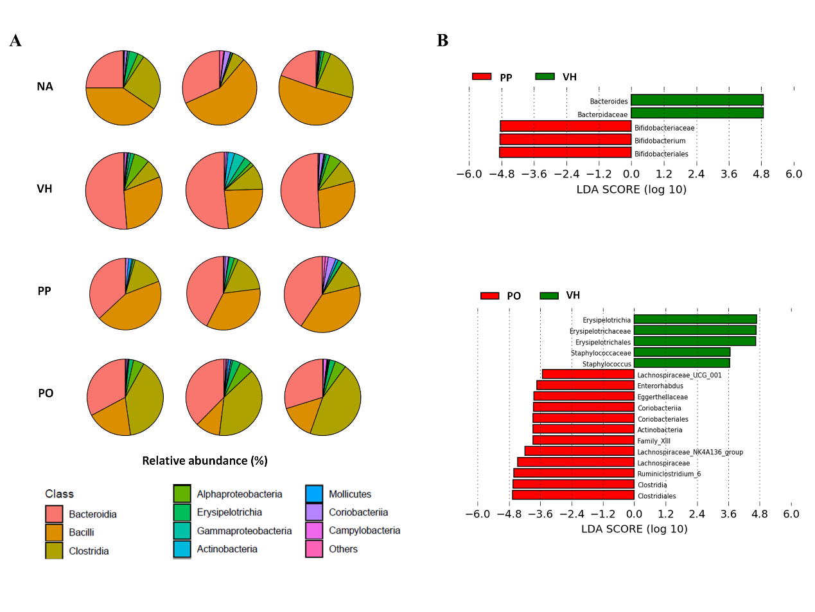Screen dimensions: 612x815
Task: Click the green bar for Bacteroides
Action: click(x=697, y=100)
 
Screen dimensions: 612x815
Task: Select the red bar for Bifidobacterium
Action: click(x=565, y=139)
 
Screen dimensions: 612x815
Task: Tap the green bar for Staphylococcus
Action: click(x=681, y=363)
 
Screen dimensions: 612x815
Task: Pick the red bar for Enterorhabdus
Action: click(x=585, y=385)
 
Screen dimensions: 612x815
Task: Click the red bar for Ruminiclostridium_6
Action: click(x=574, y=473)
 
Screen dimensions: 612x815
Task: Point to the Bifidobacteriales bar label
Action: click(x=661, y=154)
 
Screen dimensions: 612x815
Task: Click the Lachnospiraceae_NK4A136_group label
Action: click(x=690, y=452)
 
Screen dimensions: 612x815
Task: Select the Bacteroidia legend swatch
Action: click(x=54, y=514)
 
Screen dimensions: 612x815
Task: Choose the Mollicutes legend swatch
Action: click(x=314, y=494)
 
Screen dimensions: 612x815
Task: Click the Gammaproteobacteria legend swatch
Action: click(x=182, y=530)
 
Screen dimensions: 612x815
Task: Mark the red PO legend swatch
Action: click(x=489, y=296)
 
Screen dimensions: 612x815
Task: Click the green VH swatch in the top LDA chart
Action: click(x=545, y=77)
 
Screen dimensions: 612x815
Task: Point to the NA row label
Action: click(x=45, y=86)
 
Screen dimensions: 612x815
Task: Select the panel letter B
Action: click(x=443, y=40)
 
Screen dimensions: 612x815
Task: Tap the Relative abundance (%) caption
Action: click(x=204, y=460)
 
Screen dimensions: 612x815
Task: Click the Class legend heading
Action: click(x=59, y=494)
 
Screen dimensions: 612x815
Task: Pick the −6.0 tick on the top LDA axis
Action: click(x=469, y=174)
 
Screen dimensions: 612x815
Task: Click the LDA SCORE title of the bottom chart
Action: click(x=633, y=529)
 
